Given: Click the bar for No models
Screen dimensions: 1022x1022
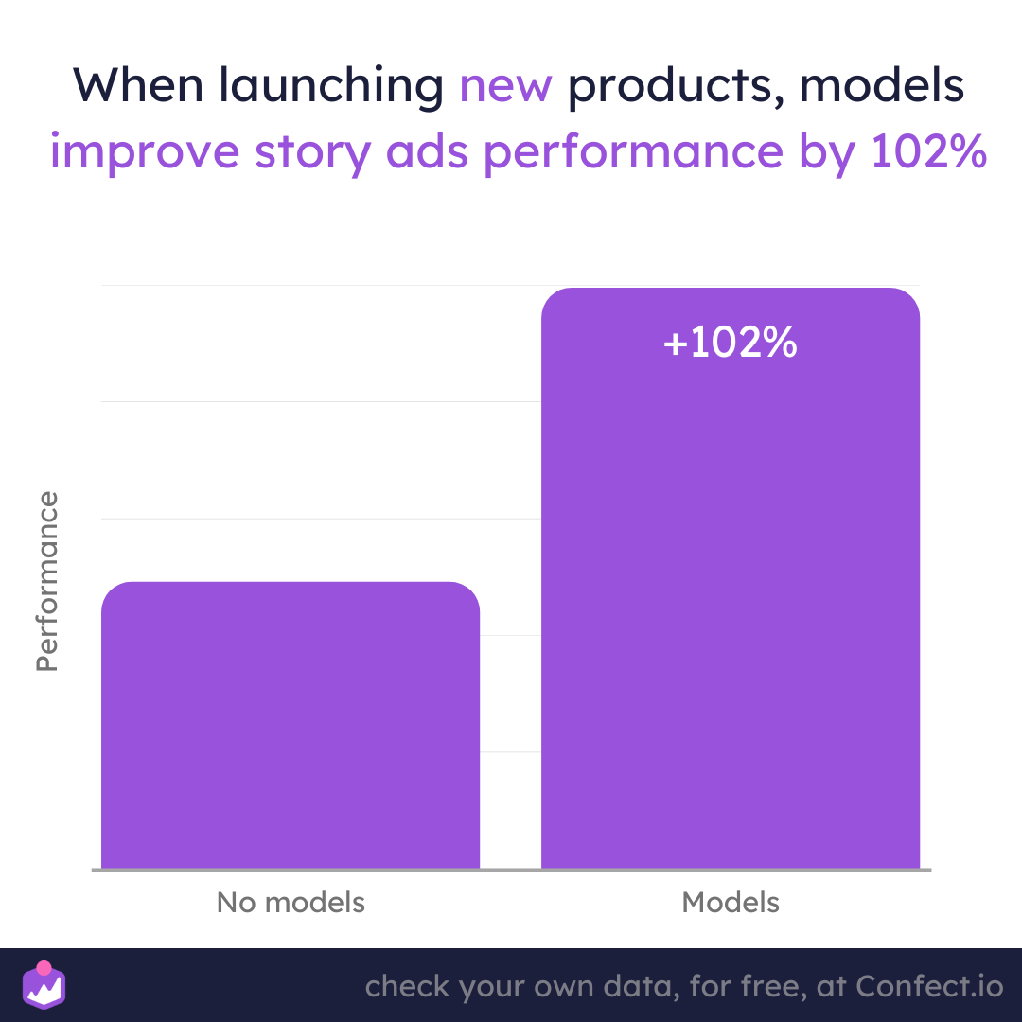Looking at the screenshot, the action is click(291, 725).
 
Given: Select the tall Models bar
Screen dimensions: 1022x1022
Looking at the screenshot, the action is click(730, 578).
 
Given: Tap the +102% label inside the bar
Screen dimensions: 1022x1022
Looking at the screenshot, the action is click(730, 342).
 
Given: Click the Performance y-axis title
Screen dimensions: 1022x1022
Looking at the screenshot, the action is click(47, 581).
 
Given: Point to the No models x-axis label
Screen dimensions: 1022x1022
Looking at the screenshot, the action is click(291, 903).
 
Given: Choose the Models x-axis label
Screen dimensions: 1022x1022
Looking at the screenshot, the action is click(730, 903).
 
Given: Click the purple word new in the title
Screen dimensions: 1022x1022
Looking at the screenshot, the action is click(505, 86).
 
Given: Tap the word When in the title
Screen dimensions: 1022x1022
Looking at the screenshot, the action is click(138, 85).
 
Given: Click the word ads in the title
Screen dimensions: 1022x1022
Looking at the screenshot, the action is click(427, 151).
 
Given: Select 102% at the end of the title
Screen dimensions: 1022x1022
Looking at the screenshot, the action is click(928, 151).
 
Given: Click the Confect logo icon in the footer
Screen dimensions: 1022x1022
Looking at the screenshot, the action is click(44, 985).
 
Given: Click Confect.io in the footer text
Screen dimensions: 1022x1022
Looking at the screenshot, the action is click(929, 986).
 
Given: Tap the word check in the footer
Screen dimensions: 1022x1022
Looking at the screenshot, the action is click(407, 986).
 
